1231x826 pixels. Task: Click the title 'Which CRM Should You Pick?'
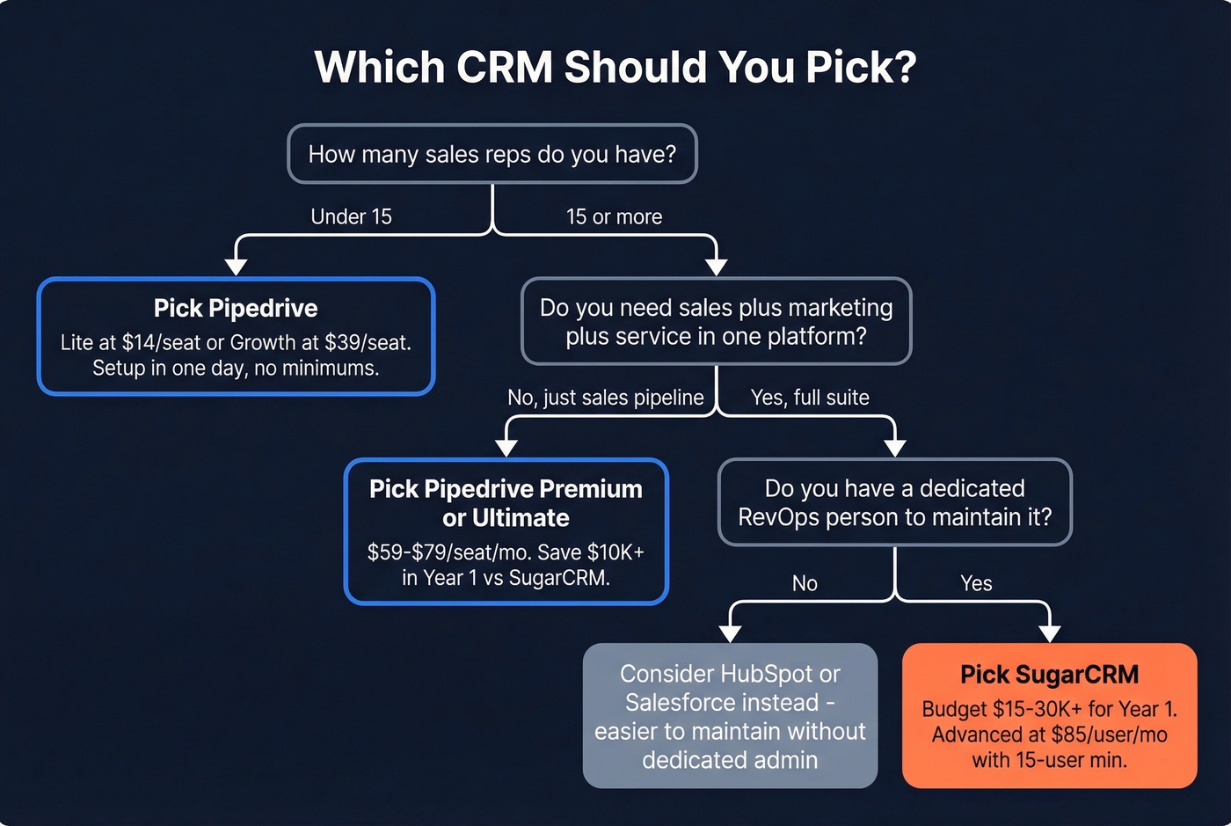click(615, 67)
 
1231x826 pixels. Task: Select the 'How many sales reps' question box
click(492, 154)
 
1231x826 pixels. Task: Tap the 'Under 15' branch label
click(351, 216)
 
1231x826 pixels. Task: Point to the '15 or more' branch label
click(614, 216)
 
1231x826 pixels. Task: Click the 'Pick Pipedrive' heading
click(236, 308)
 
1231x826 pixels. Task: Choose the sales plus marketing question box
click(716, 321)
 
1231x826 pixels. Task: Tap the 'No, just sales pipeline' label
click(605, 398)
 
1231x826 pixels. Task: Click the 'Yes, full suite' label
click(810, 398)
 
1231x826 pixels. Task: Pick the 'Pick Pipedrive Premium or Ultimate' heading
click(506, 502)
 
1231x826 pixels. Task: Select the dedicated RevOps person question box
click(894, 502)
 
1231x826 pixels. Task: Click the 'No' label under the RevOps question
click(805, 583)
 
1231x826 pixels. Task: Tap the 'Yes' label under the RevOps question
click(976, 583)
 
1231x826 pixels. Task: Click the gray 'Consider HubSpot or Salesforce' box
click(730, 716)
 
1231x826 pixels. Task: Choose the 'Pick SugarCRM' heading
click(1049, 675)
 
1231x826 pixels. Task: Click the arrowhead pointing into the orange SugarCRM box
click(1049, 633)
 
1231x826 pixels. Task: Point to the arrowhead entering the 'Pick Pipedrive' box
click(236, 267)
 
